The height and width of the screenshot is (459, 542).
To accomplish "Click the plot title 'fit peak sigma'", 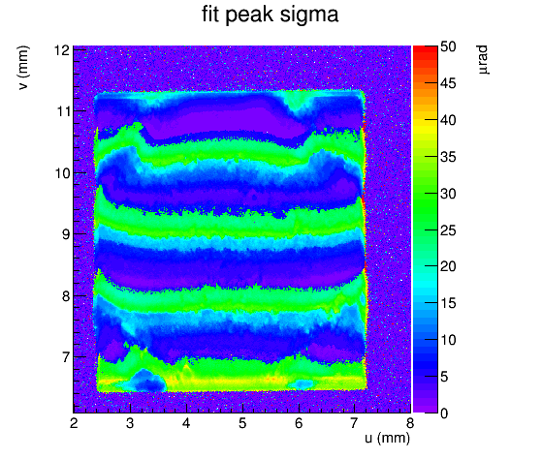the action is coord(270,15).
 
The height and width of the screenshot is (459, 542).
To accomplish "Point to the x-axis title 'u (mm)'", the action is coord(387,438).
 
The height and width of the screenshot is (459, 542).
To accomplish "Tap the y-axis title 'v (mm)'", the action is coord(23,68).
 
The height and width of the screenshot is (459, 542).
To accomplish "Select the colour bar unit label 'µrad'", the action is coord(483,59).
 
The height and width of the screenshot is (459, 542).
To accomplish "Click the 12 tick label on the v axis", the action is coord(62,50).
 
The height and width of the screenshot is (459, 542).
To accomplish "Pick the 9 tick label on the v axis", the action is coord(66,234).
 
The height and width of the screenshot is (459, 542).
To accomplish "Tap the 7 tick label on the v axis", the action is coord(66,357).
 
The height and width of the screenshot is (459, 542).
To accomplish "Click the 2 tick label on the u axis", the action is coord(74,423).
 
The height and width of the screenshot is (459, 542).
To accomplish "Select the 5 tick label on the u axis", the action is coord(242,423).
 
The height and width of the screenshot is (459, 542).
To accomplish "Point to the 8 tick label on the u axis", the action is coord(410,423).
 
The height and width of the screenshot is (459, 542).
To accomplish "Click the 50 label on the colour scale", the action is coord(448,46).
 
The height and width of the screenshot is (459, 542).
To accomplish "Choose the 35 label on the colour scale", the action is coord(448,157).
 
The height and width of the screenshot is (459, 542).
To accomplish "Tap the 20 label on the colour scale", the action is coord(448,266).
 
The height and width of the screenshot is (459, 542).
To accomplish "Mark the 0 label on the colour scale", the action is coord(444,413).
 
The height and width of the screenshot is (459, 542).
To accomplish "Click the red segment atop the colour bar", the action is coord(426,51).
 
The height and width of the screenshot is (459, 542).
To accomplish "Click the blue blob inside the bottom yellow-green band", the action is coord(147,381).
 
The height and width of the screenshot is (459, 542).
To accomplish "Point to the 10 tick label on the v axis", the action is coord(62,173).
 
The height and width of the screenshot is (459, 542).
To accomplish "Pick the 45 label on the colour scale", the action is coord(448,83).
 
